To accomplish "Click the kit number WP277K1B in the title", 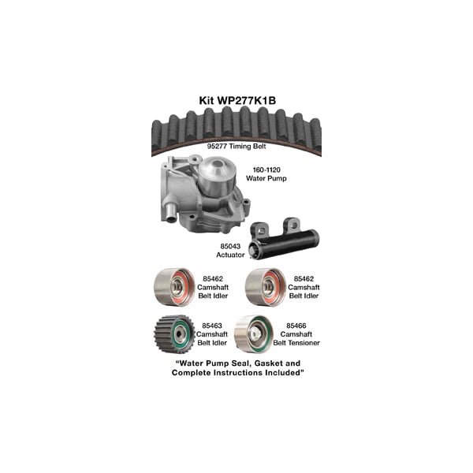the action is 247,100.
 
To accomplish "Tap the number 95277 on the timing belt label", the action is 217,147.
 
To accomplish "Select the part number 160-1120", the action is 266,169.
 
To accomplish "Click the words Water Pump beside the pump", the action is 266,178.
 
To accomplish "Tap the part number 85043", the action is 230,246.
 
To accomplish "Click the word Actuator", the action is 230,255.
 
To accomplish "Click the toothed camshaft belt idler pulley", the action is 174,334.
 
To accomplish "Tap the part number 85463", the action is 212,326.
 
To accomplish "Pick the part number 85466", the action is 296,326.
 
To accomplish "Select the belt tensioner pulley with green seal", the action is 253,334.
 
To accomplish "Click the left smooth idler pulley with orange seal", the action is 174,287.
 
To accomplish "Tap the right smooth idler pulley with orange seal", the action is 266,287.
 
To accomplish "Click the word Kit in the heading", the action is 207,100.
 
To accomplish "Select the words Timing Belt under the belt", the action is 248,147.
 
